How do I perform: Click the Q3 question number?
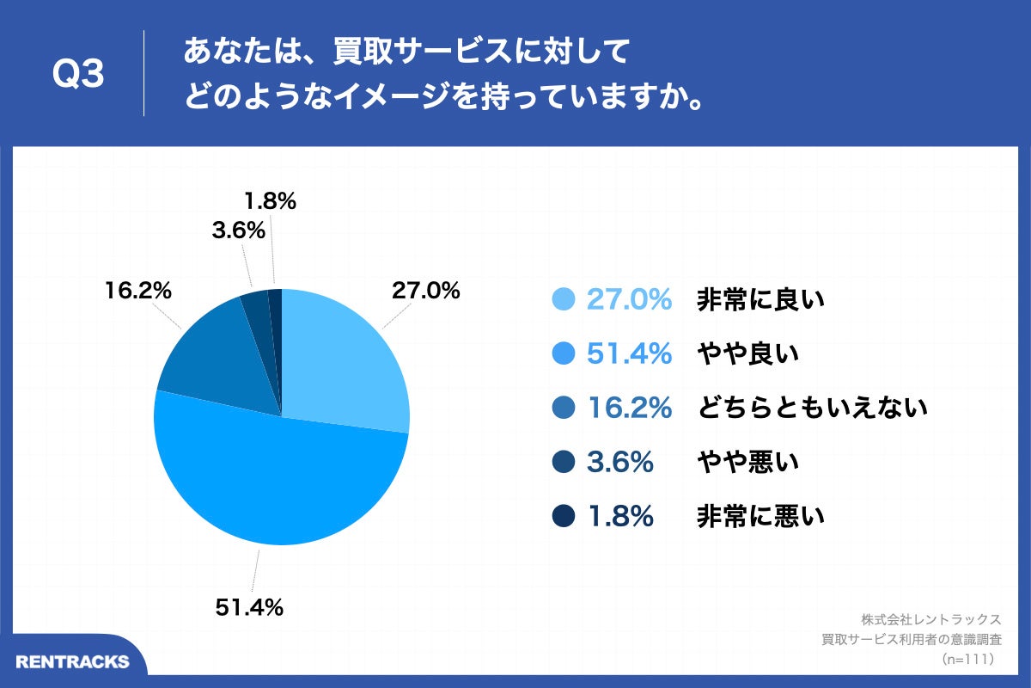pyautogui.click(x=78, y=75)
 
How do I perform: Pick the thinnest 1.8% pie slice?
pyautogui.click(x=276, y=310)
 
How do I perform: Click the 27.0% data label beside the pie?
pyautogui.click(x=425, y=291)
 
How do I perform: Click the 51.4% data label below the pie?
pyautogui.click(x=248, y=608)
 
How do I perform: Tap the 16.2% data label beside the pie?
pyautogui.click(x=138, y=291)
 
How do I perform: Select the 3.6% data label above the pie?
pyautogui.click(x=236, y=231)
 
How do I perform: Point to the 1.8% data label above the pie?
pyautogui.click(x=270, y=201)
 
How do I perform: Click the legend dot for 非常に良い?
pyautogui.click(x=563, y=299)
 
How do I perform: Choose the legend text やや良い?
pyautogui.click(x=747, y=353)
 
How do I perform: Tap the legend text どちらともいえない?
pyautogui.click(x=812, y=408)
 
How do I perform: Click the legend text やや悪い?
pyautogui.click(x=747, y=462)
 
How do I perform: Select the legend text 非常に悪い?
pyautogui.click(x=760, y=516)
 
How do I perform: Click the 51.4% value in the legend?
pyautogui.click(x=629, y=353)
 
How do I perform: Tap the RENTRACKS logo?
pyautogui.click(x=73, y=661)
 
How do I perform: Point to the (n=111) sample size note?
pyautogui.click(x=968, y=659)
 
